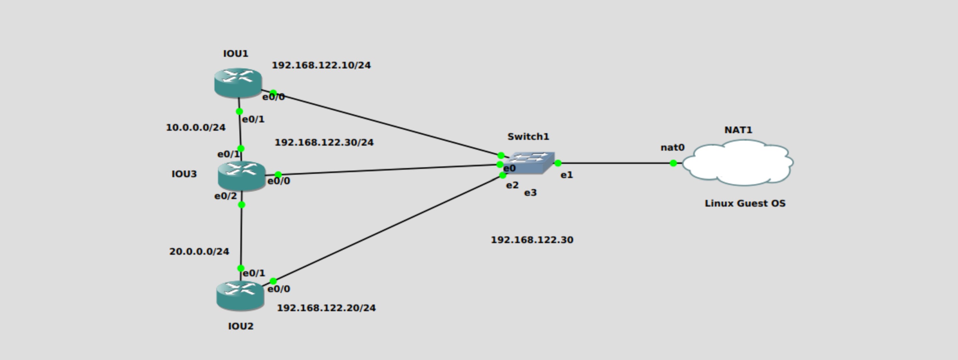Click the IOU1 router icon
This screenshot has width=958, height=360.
click(238, 83)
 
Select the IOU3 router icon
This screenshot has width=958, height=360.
click(241, 176)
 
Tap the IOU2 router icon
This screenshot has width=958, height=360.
click(240, 295)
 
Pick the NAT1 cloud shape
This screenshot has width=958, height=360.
click(738, 163)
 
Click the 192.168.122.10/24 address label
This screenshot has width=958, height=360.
click(321, 65)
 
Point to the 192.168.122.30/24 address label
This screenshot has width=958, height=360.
click(324, 143)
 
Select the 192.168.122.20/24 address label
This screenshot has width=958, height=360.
click(326, 308)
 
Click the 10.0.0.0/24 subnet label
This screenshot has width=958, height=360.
click(196, 128)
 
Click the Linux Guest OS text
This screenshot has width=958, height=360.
click(745, 203)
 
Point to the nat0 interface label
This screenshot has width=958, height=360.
click(672, 148)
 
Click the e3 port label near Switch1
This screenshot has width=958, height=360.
click(530, 193)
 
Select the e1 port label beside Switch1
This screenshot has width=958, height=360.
click(567, 175)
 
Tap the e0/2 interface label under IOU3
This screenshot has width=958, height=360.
click(225, 196)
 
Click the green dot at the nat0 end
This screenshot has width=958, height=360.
click(673, 163)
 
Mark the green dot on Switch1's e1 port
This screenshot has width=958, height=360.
click(558, 163)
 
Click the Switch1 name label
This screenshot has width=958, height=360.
click(528, 137)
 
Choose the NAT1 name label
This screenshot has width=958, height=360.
click(738, 130)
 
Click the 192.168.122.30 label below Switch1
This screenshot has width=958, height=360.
click(532, 240)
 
